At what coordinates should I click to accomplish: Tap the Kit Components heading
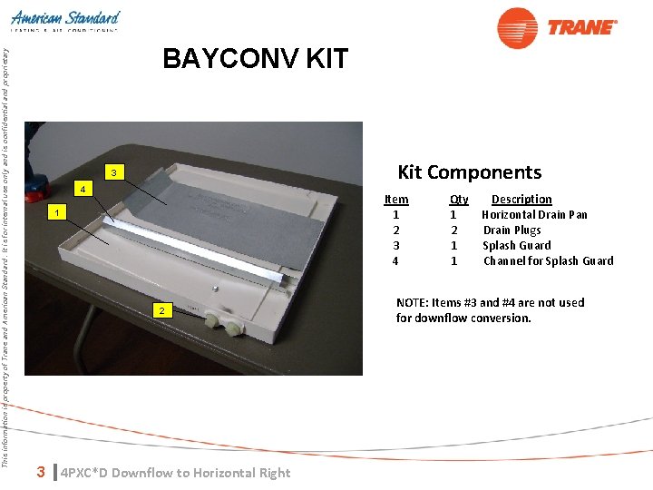[x=469, y=172]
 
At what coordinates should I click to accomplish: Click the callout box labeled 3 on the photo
[x=113, y=172]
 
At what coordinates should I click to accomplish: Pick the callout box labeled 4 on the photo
[x=83, y=190]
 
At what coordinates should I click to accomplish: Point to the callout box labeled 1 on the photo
[x=56, y=212]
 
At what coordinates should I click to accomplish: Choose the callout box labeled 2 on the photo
[x=161, y=311]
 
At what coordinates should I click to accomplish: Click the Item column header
[x=396, y=200]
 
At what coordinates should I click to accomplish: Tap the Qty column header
[x=459, y=200]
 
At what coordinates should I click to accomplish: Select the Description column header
[x=521, y=200]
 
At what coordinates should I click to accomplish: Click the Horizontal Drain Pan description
[x=534, y=215]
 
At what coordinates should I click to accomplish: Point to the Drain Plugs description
[x=512, y=230]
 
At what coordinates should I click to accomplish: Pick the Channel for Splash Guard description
[x=548, y=261]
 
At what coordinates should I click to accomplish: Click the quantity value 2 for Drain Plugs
[x=453, y=230]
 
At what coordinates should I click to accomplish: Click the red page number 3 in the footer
[x=40, y=472]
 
